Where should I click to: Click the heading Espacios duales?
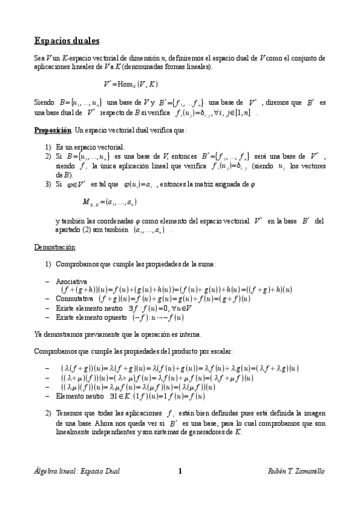(66, 41)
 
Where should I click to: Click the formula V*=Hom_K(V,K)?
(130, 85)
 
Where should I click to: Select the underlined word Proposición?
(51, 129)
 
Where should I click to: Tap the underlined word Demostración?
(54, 247)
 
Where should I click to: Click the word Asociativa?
(71, 281)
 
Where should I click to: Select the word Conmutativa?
(73, 298)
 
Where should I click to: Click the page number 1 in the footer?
(180, 471)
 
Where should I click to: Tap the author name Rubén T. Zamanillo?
(296, 471)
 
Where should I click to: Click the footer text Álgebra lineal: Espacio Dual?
(76, 471)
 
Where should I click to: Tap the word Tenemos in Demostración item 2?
(69, 414)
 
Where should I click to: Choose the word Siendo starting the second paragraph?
(44, 103)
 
